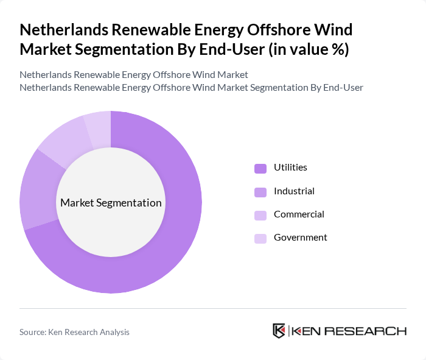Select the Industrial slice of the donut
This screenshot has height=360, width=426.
[x=38, y=189]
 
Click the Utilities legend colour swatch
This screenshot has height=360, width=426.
[x=260, y=168]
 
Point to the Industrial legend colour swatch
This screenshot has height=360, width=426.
[x=260, y=192]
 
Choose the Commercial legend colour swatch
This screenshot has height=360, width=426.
[x=260, y=215]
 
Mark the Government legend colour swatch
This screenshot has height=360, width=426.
[x=260, y=238]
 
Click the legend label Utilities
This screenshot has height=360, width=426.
[x=290, y=168]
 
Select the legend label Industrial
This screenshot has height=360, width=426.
[x=294, y=191]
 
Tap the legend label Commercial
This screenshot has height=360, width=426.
[x=299, y=214]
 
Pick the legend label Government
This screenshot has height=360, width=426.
[x=301, y=238]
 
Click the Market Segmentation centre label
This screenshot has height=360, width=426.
[x=111, y=203]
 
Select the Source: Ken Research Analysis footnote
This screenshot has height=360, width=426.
[x=74, y=332]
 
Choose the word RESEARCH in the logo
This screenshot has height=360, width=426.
[x=372, y=331]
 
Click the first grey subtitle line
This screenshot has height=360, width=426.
[x=134, y=75]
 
